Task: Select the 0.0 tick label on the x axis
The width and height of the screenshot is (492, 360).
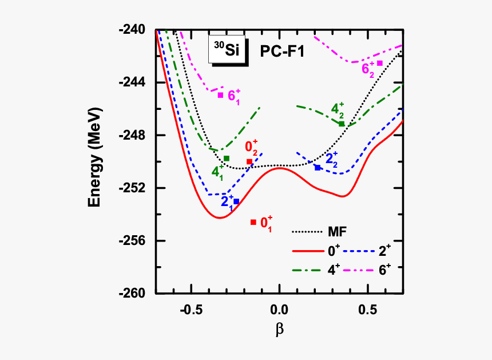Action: [x=279, y=310]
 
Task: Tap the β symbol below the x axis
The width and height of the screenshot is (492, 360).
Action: [x=280, y=330]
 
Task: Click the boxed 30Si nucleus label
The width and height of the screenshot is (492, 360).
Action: [x=224, y=51]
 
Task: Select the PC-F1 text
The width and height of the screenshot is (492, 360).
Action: [x=282, y=52]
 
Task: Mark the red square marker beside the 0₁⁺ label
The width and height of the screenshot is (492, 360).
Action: [x=253, y=222]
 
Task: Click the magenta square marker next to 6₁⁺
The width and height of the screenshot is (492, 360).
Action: [x=221, y=95]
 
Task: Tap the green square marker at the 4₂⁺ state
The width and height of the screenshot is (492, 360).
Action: [x=342, y=124]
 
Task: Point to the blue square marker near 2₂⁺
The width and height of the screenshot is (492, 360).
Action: [x=318, y=168]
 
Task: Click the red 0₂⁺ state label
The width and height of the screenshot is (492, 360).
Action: [x=252, y=147]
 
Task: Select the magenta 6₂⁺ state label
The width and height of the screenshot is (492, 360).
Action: [x=368, y=69]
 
